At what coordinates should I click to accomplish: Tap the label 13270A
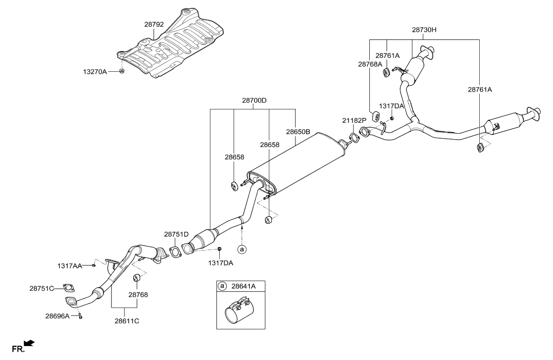[95, 72]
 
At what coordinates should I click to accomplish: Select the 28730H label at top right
[424, 30]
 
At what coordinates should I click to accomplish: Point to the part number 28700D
[254, 101]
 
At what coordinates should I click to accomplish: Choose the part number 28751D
[177, 234]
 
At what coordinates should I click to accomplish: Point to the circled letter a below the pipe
[242, 250]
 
